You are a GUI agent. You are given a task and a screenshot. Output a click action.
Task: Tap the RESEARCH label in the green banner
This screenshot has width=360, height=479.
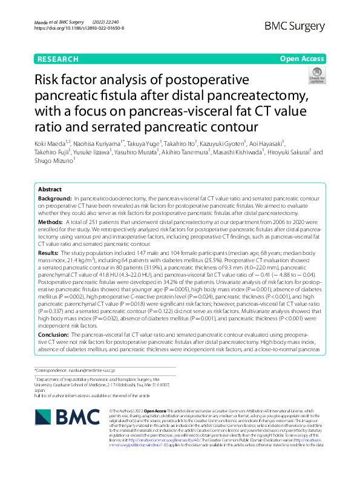coord(58,59)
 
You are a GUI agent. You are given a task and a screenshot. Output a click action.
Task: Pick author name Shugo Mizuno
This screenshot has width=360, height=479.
coord(54,162)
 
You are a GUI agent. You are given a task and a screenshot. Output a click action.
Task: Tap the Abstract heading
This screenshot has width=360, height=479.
coord(50,190)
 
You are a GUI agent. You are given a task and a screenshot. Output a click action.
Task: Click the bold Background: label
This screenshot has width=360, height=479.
coord(54,199)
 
